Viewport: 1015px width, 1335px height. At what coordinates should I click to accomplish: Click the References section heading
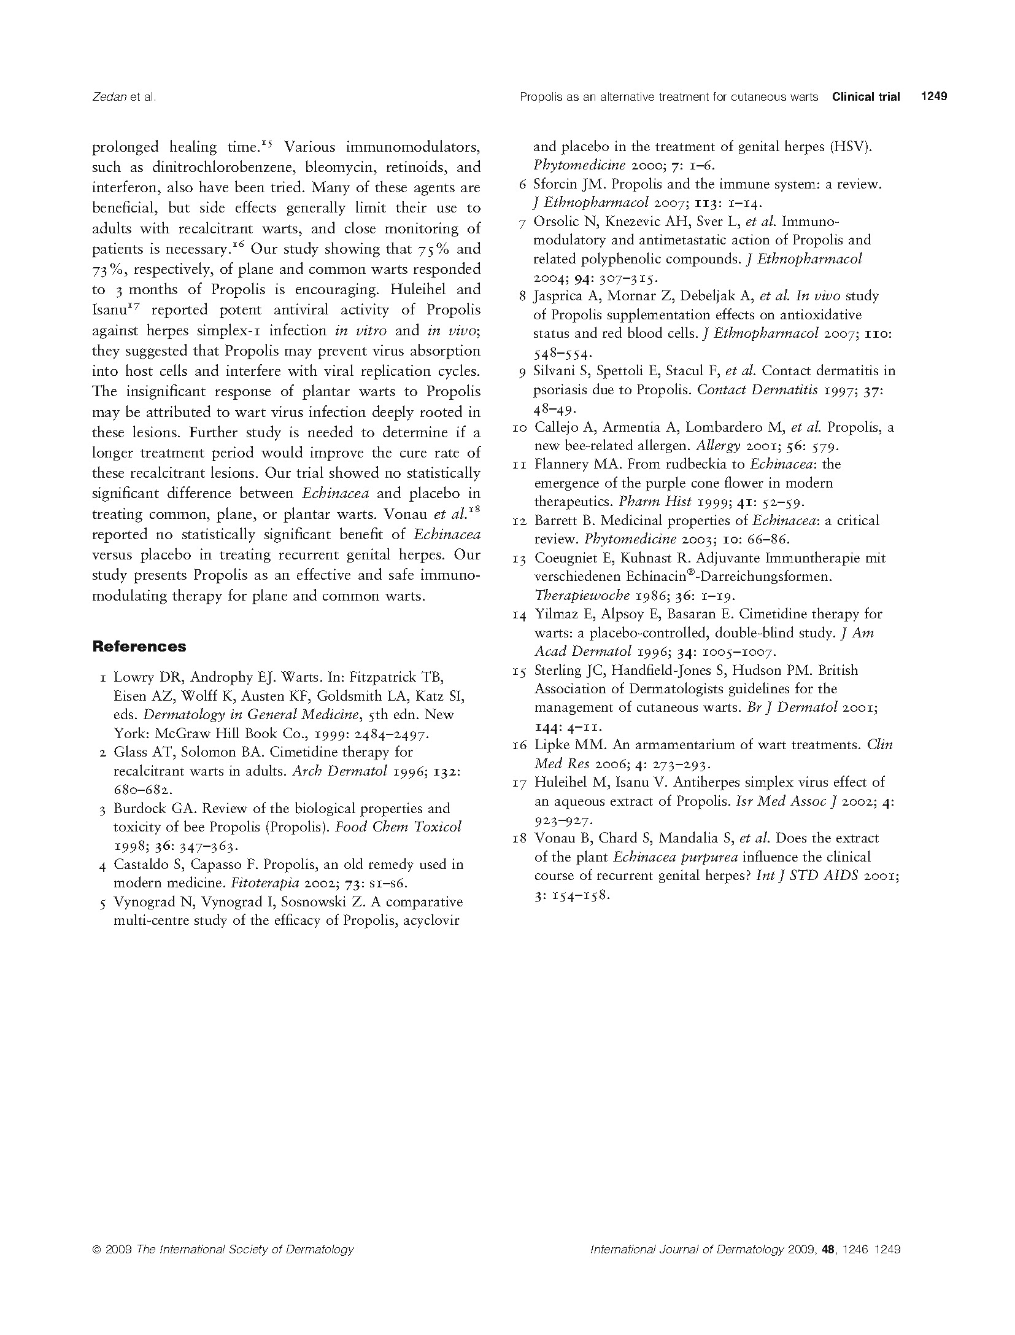[139, 647]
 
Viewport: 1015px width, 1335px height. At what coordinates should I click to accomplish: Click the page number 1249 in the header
[934, 96]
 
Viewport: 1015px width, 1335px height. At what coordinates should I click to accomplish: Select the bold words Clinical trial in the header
[866, 96]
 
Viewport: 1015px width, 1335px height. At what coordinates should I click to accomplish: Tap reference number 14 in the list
[519, 614]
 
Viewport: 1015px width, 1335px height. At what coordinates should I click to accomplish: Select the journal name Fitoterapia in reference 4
[261, 884]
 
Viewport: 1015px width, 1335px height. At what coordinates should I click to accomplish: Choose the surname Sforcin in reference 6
[555, 184]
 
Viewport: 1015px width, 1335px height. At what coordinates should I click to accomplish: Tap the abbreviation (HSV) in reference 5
[850, 147]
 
